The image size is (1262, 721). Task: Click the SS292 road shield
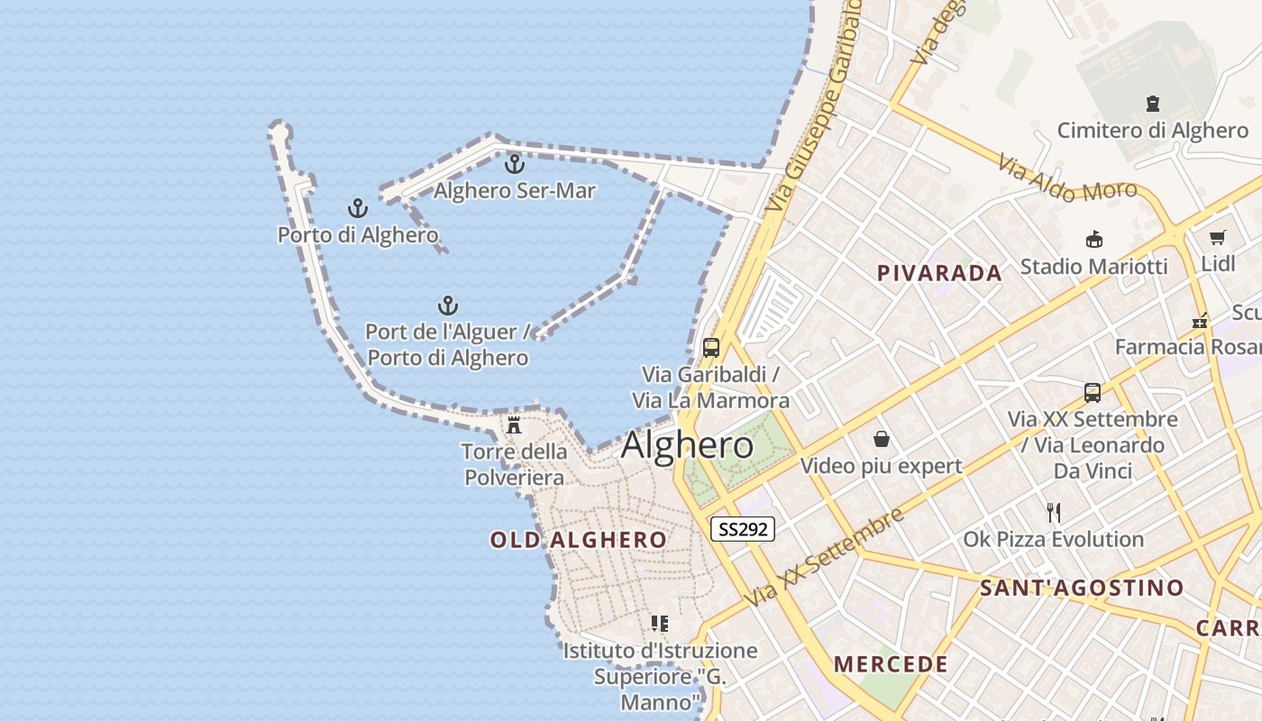[x=743, y=529]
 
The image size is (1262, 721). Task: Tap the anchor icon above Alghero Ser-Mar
[x=514, y=164]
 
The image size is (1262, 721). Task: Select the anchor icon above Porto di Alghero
[x=358, y=209]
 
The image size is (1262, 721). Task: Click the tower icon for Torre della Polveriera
[x=514, y=424]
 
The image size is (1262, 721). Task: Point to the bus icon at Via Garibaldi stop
[x=711, y=347]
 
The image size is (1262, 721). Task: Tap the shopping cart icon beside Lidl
[x=1218, y=238]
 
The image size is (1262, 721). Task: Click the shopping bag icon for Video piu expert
[x=881, y=439]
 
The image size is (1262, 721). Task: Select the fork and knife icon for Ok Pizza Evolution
[x=1053, y=513]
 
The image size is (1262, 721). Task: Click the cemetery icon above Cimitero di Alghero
[x=1153, y=104]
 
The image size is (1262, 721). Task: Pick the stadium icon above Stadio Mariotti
[x=1093, y=239]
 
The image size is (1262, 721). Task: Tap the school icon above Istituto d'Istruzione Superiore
[x=660, y=623]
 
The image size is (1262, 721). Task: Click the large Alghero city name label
[x=687, y=444]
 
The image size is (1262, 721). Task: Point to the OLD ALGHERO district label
[x=579, y=540]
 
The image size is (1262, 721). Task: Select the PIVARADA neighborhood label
[x=939, y=273]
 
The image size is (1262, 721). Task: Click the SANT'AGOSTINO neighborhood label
[x=1082, y=589]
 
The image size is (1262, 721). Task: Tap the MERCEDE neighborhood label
[x=891, y=665]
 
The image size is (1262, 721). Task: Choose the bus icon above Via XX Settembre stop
[x=1093, y=393]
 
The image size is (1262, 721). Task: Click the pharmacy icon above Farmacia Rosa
[x=1200, y=320]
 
